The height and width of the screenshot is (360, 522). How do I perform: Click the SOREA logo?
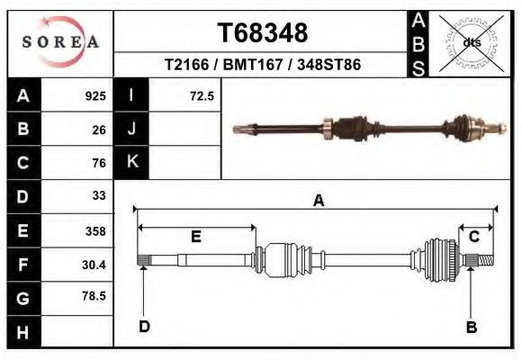pyautogui.click(x=60, y=42)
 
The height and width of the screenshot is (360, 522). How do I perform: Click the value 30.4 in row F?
pyautogui.click(x=94, y=264)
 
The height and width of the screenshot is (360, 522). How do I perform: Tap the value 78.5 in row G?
pyautogui.click(x=94, y=296)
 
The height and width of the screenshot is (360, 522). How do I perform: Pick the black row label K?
pyautogui.click(x=131, y=162)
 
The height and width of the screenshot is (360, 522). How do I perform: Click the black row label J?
pyautogui.click(x=131, y=129)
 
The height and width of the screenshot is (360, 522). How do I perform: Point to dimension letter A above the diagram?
pyautogui.click(x=318, y=202)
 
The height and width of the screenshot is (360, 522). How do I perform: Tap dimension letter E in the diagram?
pyautogui.click(x=195, y=236)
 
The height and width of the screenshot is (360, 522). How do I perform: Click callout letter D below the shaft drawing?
pyautogui.click(x=144, y=327)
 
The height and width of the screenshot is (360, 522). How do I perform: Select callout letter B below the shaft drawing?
pyautogui.click(x=471, y=328)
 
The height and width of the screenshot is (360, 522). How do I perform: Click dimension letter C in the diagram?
pyautogui.click(x=474, y=237)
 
